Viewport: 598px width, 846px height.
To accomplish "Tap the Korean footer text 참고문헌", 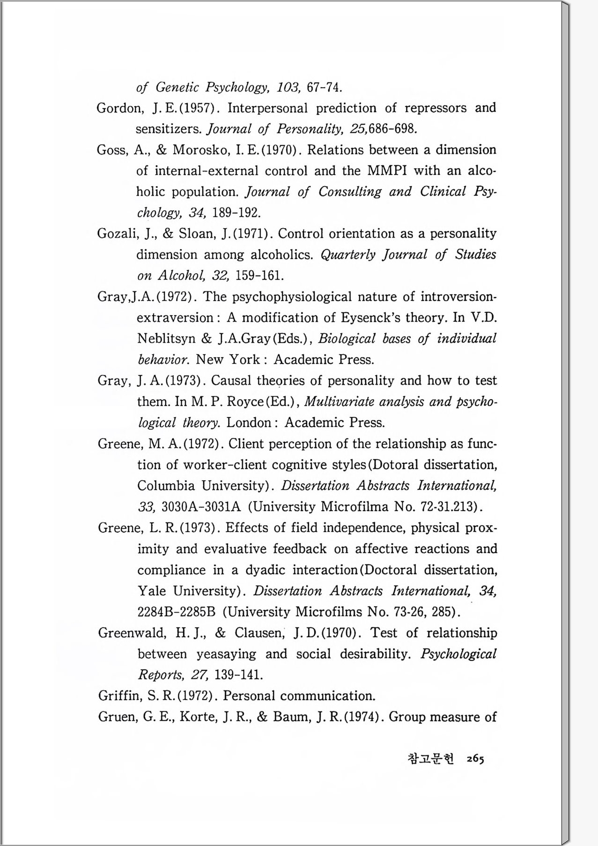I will click(431, 759).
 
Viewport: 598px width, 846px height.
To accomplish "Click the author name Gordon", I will click(119, 108).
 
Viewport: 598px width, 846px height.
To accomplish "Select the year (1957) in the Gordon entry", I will click(198, 108).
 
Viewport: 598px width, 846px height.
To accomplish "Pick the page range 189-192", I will click(236, 213).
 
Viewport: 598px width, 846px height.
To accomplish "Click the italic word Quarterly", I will click(348, 254).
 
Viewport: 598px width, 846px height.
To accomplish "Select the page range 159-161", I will click(259, 275).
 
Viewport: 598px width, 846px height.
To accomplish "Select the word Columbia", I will click(166, 485).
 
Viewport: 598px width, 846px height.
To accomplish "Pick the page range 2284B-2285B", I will click(176, 612).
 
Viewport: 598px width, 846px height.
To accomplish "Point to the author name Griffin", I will click(119, 696).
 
